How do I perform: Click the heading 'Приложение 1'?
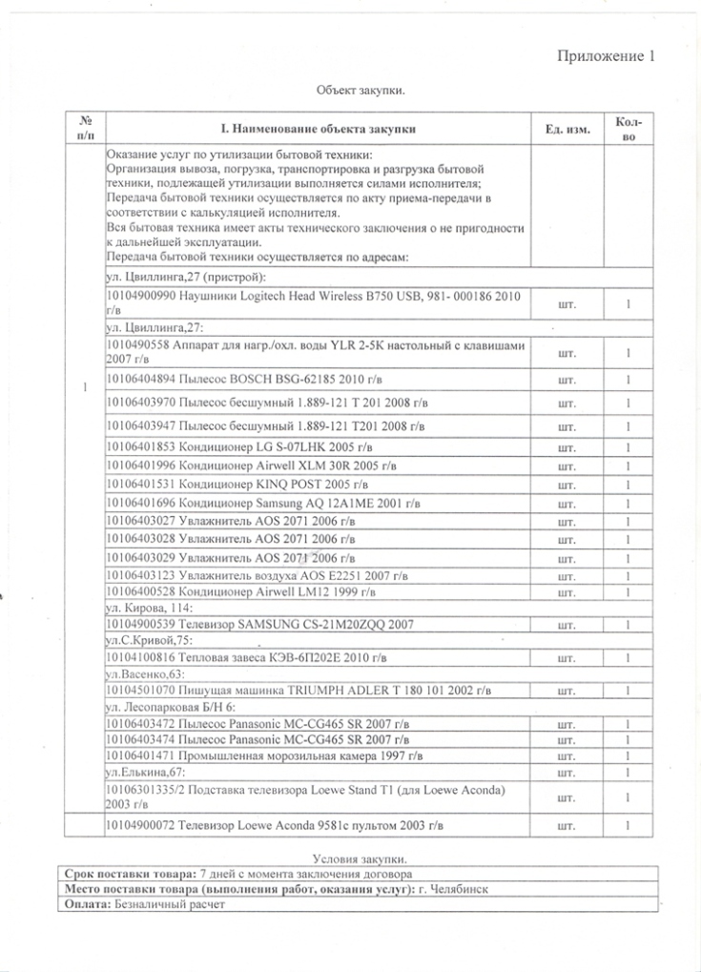point(606,56)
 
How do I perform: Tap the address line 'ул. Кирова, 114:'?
point(148,608)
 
